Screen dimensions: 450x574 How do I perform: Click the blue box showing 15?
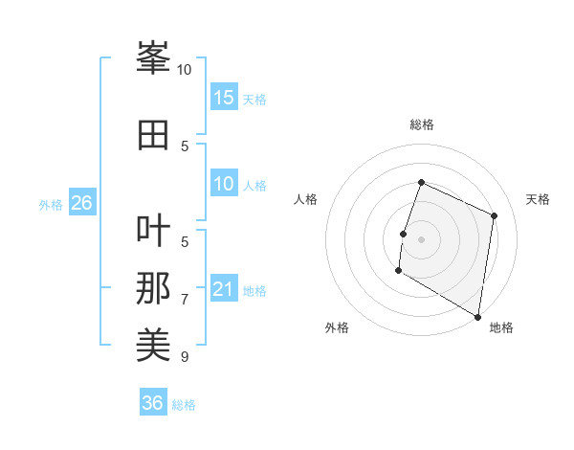pos(224,98)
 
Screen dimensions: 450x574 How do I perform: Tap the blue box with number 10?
pos(224,185)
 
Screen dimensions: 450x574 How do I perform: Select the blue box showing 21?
pos(224,290)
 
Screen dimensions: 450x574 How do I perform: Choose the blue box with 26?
pos(81,203)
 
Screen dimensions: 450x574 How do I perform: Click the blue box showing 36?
pos(153,403)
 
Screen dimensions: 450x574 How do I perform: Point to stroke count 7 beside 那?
pos(185,300)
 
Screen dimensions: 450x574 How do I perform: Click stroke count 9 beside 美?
pos(185,357)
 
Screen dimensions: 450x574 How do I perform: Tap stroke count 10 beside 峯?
pos(184,70)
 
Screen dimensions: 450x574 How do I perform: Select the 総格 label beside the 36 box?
pos(184,405)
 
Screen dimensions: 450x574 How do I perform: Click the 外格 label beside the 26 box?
pos(50,205)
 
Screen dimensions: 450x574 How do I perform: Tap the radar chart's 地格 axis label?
pos(501,328)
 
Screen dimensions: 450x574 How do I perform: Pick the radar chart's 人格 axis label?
pos(306,199)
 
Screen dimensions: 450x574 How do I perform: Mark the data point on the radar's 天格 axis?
pos(495,215)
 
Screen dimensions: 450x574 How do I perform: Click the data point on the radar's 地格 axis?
pos(477,315)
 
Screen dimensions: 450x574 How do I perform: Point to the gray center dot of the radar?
pos(421,238)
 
